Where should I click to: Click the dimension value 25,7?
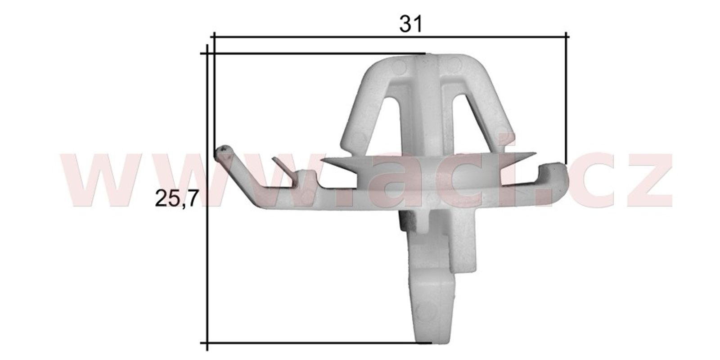[176, 198]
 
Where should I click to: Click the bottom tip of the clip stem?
[431, 340]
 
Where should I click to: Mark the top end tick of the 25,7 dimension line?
[207, 54]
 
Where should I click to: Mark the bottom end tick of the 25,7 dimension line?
[207, 343]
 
